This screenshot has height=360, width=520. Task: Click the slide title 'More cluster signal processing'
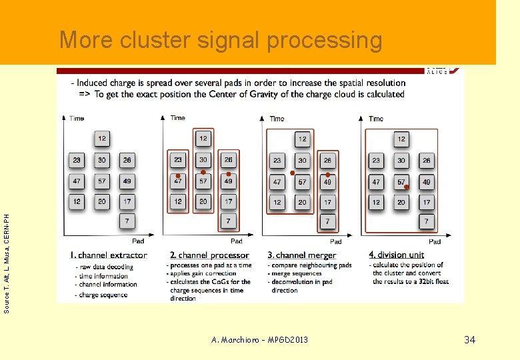click(221, 40)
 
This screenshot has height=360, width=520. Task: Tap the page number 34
click(469, 340)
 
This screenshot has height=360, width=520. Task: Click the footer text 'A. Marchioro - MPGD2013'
click(259, 340)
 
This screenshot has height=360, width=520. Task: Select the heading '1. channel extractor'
click(109, 255)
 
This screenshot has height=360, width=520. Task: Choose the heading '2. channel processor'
click(209, 255)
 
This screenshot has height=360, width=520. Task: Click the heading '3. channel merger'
click(302, 255)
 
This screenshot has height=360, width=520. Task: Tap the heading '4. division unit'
click(396, 255)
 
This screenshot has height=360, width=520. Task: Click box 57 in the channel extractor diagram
click(101, 181)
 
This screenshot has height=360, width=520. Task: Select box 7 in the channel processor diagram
click(228, 221)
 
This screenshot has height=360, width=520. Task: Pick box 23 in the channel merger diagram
click(277, 160)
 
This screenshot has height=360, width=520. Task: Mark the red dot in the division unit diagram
click(407, 187)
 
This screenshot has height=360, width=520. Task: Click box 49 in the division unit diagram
click(426, 181)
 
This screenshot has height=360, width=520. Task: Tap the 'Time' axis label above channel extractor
click(77, 119)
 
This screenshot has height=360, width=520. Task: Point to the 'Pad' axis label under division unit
click(435, 241)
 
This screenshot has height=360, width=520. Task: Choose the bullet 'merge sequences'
click(296, 273)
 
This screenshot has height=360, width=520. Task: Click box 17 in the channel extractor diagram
click(127, 201)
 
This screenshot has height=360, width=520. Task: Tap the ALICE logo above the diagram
click(438, 71)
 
